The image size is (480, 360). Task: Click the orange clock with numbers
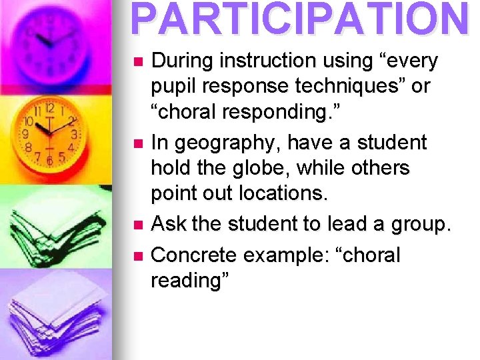50,133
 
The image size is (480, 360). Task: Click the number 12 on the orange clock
50,108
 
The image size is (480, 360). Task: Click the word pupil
175,87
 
